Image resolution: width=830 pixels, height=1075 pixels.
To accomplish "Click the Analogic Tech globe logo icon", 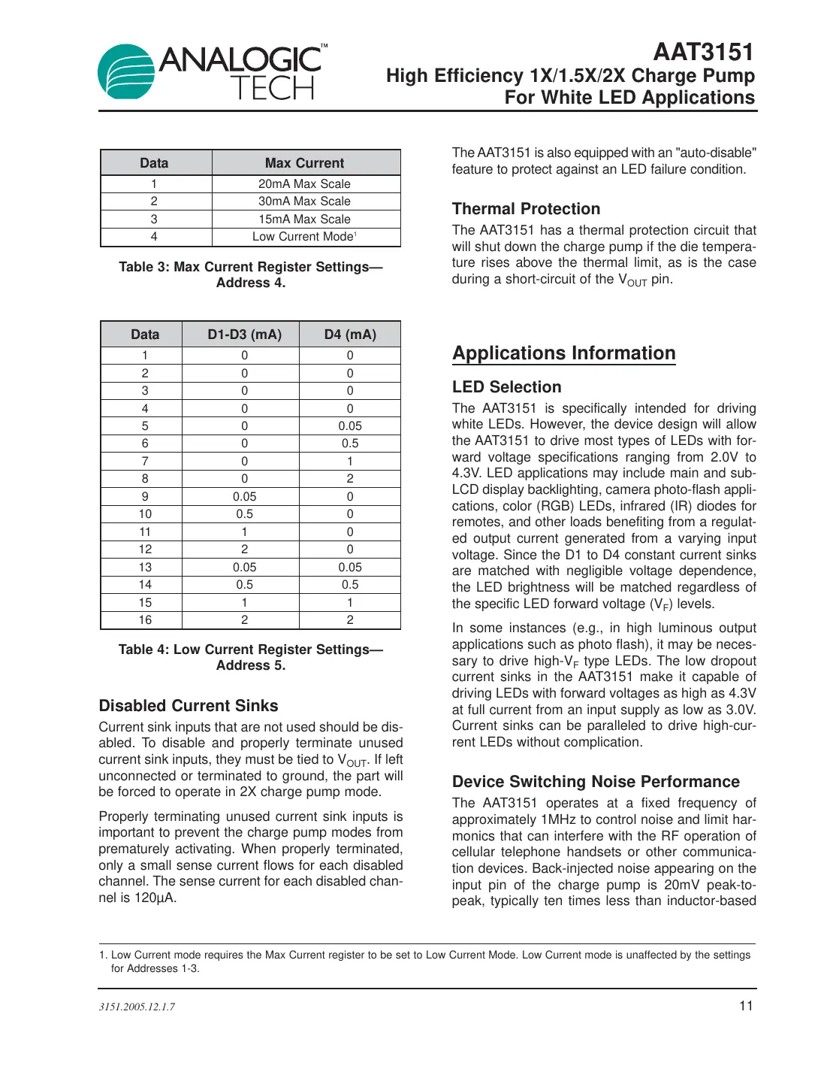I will [126, 72].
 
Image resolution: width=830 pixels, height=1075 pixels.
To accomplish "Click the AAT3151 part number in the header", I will [703, 52].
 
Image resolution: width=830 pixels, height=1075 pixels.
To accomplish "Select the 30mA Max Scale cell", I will [304, 201].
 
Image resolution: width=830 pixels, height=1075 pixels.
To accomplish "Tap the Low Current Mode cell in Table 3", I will [304, 237].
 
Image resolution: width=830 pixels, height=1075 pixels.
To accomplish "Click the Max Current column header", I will [304, 163].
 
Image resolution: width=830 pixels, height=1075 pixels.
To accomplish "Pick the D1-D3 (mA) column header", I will [244, 335].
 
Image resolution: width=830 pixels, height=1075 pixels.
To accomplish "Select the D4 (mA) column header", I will [350, 335].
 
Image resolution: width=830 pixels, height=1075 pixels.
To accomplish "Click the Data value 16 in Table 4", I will [145, 620].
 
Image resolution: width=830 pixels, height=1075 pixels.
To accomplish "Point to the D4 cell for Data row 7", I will [350, 462].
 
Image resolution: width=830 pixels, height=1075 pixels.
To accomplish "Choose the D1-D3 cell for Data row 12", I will [244, 550].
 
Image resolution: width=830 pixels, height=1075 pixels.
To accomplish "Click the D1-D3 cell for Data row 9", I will [244, 497].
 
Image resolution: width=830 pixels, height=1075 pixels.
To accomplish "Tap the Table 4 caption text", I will [251, 657].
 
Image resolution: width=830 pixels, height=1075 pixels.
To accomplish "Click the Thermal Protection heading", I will [526, 209].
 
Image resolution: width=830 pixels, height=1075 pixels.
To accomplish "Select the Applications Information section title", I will [563, 353].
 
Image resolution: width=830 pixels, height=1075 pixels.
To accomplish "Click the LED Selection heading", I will [506, 387].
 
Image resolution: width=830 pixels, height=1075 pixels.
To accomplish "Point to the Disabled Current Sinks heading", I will [189, 706].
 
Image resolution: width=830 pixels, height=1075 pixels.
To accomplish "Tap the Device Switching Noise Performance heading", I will [596, 782].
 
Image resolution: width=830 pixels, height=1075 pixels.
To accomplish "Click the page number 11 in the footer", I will [746, 1006].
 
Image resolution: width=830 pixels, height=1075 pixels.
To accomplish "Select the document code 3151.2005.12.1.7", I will [137, 1007].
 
